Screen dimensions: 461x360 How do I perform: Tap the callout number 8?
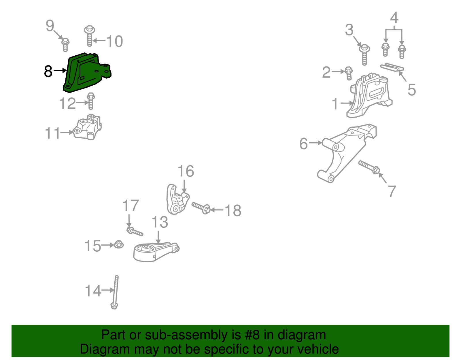[x=48, y=71]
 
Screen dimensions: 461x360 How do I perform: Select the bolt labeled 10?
[x=90, y=36]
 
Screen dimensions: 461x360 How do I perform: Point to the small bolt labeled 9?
[x=65, y=45]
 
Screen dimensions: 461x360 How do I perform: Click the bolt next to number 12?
[x=91, y=101]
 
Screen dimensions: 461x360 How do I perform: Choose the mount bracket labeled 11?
[x=87, y=127]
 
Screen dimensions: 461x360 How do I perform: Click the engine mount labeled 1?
[x=369, y=95]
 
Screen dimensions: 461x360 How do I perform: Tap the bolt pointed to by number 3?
[x=364, y=54]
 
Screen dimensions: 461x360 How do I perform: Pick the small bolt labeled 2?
[x=349, y=73]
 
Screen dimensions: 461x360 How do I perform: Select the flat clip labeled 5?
[x=392, y=67]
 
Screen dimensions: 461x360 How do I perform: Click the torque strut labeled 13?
[x=156, y=252]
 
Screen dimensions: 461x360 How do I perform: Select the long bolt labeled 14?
[x=115, y=292]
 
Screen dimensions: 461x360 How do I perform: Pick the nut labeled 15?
[x=119, y=244]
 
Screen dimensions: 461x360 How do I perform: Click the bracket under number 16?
[x=177, y=199]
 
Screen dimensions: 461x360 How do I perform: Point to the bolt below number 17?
[x=135, y=231]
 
